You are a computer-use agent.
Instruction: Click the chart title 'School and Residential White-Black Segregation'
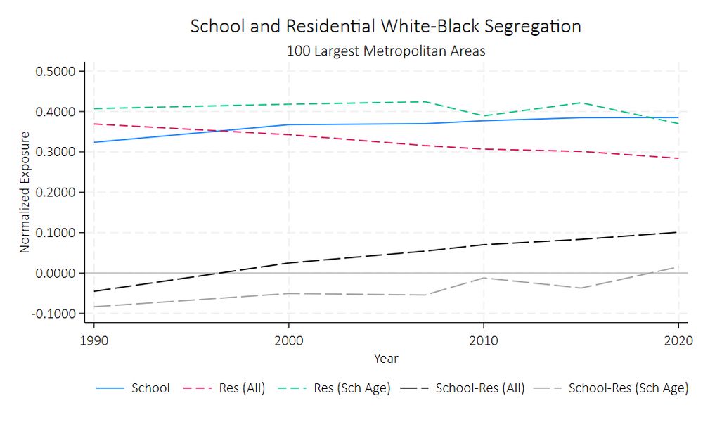(386, 27)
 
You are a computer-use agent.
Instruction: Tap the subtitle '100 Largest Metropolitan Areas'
(386, 51)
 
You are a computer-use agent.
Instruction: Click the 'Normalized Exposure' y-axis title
(25, 192)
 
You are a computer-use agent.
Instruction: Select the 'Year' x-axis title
(386, 359)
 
